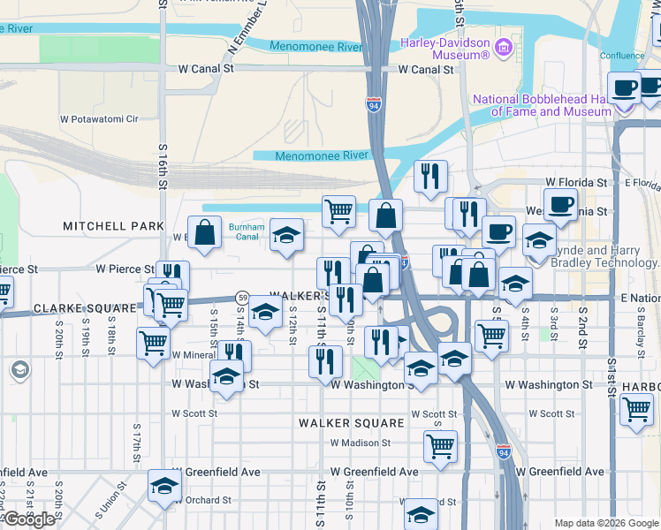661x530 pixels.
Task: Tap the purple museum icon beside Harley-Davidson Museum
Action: tap(504, 46)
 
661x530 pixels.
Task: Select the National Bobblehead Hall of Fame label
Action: tap(542, 105)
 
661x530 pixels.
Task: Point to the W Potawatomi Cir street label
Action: tap(99, 118)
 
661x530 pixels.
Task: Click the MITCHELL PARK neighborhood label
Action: tap(114, 226)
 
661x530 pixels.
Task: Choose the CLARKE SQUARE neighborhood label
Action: tap(85, 308)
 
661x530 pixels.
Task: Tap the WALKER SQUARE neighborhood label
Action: tap(351, 423)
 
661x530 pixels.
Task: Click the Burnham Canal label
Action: tap(244, 231)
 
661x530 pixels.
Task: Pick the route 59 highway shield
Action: tap(240, 297)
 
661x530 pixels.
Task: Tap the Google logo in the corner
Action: tap(29, 519)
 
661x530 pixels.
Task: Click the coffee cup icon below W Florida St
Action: tap(560, 205)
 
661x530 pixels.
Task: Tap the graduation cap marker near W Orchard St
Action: tap(163, 487)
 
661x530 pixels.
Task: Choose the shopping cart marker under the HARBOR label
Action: tap(636, 409)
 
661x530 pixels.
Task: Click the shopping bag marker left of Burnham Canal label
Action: tap(204, 233)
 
